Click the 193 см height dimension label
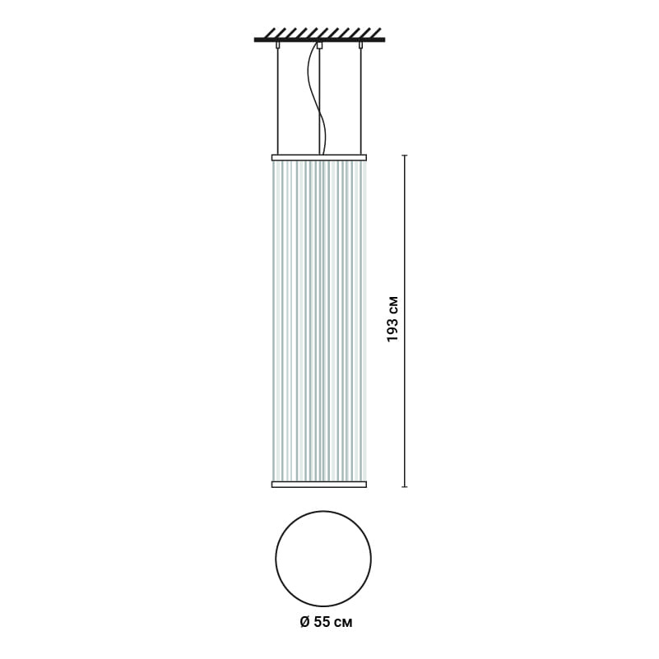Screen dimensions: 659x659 (392, 318)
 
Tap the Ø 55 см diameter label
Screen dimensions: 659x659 (326, 622)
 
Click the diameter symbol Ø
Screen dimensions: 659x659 (304, 622)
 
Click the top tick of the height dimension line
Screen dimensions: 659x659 (404, 155)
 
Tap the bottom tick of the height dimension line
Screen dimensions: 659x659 (404, 487)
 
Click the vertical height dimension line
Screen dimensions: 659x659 (404, 321)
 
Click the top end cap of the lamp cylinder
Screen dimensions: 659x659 (319, 158)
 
